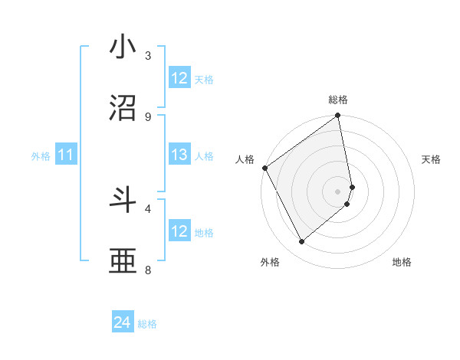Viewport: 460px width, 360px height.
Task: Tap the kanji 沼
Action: (123, 109)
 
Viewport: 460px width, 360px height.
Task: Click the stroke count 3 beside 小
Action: (148, 55)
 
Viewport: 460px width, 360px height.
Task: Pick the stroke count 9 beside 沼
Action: (148, 116)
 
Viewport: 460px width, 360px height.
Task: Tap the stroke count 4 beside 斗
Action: (148, 208)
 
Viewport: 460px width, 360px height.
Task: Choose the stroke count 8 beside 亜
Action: (148, 270)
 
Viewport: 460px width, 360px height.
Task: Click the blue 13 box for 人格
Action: (179, 155)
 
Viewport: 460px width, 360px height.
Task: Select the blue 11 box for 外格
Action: (66, 155)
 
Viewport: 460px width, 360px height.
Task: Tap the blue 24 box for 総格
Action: (123, 323)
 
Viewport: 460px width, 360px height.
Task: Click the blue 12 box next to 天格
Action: (179, 78)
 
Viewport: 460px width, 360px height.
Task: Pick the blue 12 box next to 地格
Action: (179, 231)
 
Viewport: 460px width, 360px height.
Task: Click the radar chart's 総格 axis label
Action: (338, 100)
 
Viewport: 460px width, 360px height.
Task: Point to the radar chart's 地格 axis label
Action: (402, 262)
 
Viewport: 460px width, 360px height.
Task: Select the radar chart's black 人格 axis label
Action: (245, 159)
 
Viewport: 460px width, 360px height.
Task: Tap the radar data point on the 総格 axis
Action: (338, 116)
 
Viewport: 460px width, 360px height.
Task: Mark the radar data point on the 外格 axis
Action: (302, 241)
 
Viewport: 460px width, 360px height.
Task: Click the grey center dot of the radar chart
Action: (338, 191)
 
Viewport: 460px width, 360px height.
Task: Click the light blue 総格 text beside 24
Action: (148, 324)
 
